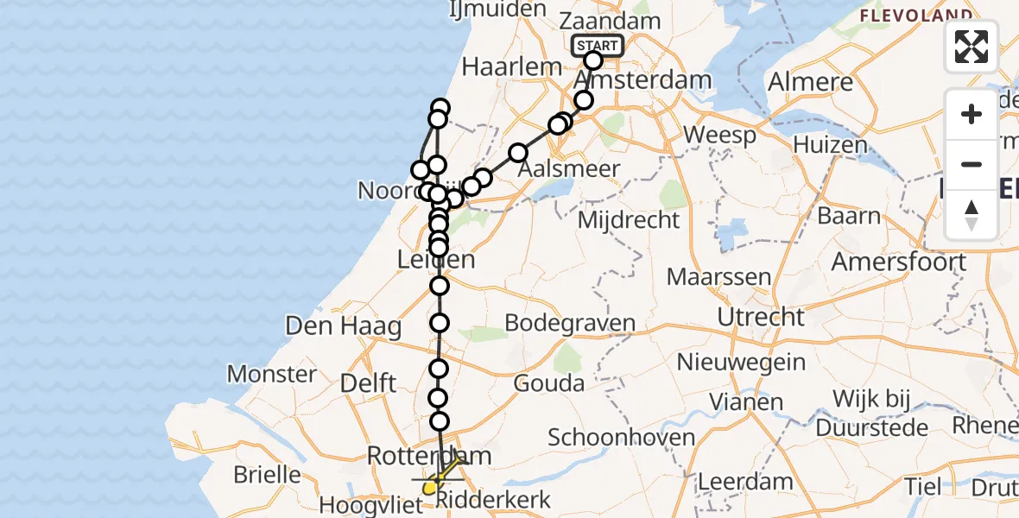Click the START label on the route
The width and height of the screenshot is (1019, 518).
tap(597, 45)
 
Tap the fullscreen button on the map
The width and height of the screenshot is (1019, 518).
tap(972, 47)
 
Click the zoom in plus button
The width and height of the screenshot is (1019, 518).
tap(972, 114)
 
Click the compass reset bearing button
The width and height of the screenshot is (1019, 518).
tap(972, 214)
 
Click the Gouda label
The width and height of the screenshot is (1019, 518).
tap(548, 382)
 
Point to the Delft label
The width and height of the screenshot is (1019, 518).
tap(369, 382)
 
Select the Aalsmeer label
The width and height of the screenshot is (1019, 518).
tap(569, 169)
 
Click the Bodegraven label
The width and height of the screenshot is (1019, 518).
tap(570, 324)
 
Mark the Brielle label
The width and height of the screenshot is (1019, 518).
tap(268, 474)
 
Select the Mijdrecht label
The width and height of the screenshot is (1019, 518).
tap(629, 219)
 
